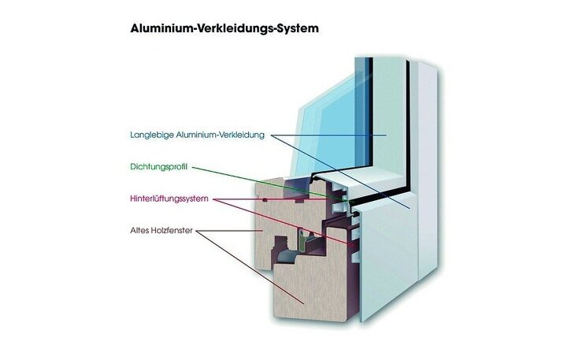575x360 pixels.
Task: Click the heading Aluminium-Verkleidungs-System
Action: (x=224, y=28)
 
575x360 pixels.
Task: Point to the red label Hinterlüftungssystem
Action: (x=169, y=199)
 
